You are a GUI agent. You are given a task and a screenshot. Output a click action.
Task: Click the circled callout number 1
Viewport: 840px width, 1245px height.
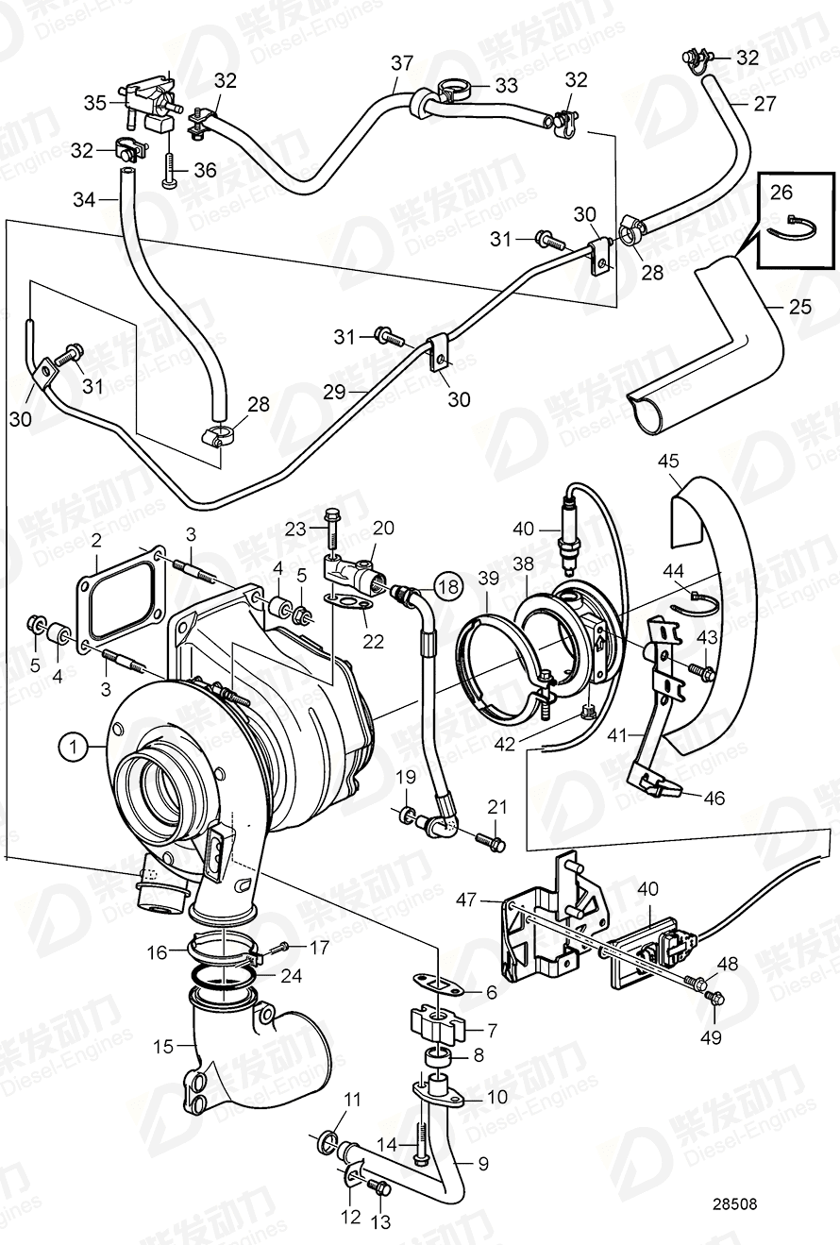tap(71, 748)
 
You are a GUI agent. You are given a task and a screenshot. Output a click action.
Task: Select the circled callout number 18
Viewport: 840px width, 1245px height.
tap(448, 586)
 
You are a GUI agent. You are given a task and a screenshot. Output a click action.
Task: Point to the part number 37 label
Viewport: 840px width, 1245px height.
tap(402, 63)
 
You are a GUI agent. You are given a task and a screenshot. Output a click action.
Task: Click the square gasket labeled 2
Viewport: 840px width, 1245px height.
tap(121, 593)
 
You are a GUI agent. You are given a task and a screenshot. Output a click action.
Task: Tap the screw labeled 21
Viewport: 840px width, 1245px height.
tap(491, 838)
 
